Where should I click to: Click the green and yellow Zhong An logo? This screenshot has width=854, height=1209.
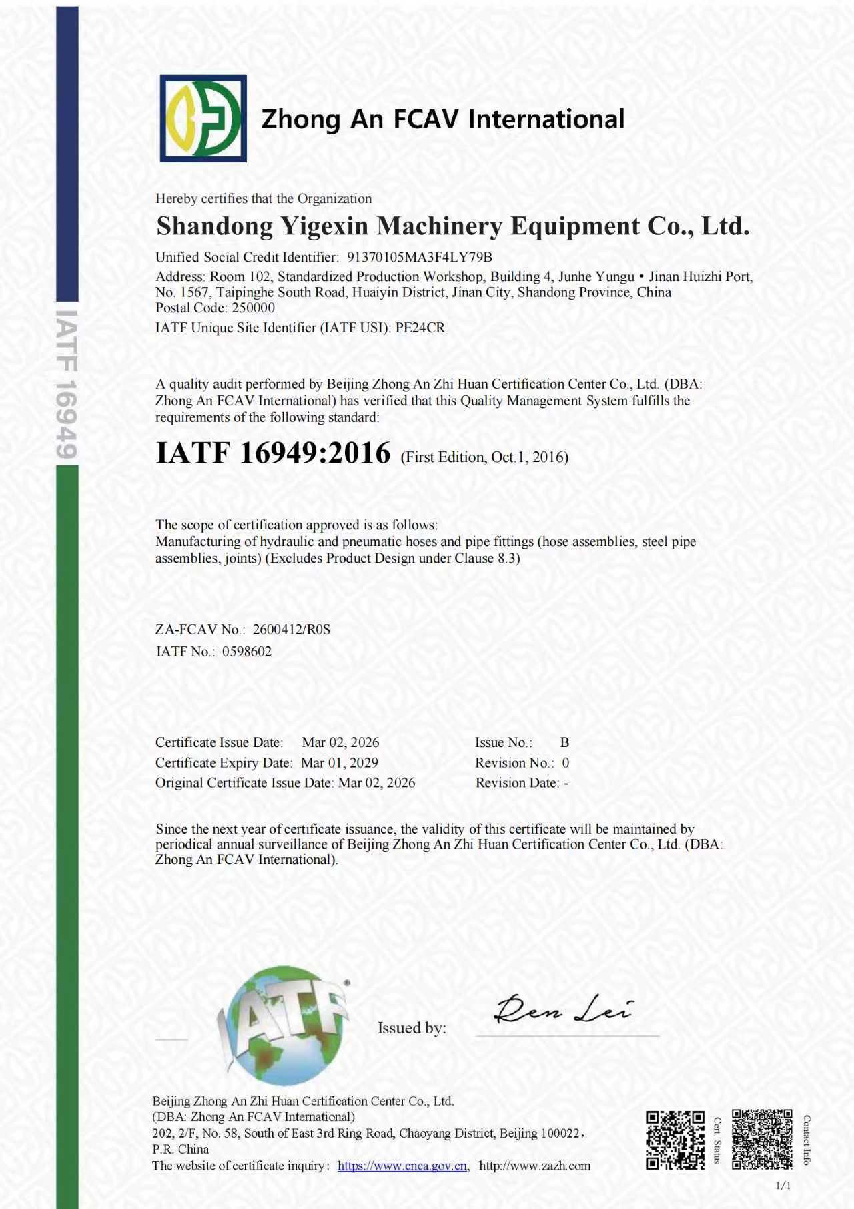click(203, 118)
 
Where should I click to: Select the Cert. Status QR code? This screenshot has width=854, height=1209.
click(675, 1140)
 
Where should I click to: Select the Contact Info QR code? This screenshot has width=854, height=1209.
click(761, 1139)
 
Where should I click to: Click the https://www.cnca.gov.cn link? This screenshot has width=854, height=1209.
click(402, 1166)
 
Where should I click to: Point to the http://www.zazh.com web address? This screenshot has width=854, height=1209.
click(534, 1166)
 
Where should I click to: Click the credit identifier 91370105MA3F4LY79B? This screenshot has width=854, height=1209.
click(419, 257)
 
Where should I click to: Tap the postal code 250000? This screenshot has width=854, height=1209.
click(253, 308)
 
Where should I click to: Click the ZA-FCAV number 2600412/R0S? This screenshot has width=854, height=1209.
click(291, 629)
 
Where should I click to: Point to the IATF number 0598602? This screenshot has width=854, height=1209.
click(247, 652)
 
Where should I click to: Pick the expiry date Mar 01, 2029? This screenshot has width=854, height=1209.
click(340, 762)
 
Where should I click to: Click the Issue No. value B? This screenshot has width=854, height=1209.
click(564, 742)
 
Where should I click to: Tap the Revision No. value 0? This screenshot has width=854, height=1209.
click(566, 762)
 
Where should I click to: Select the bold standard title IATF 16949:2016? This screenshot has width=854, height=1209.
click(273, 453)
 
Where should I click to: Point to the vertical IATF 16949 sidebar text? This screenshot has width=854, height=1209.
click(67, 384)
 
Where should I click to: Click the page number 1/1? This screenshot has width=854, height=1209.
click(783, 1186)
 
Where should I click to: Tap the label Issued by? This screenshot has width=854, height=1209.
click(412, 1027)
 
